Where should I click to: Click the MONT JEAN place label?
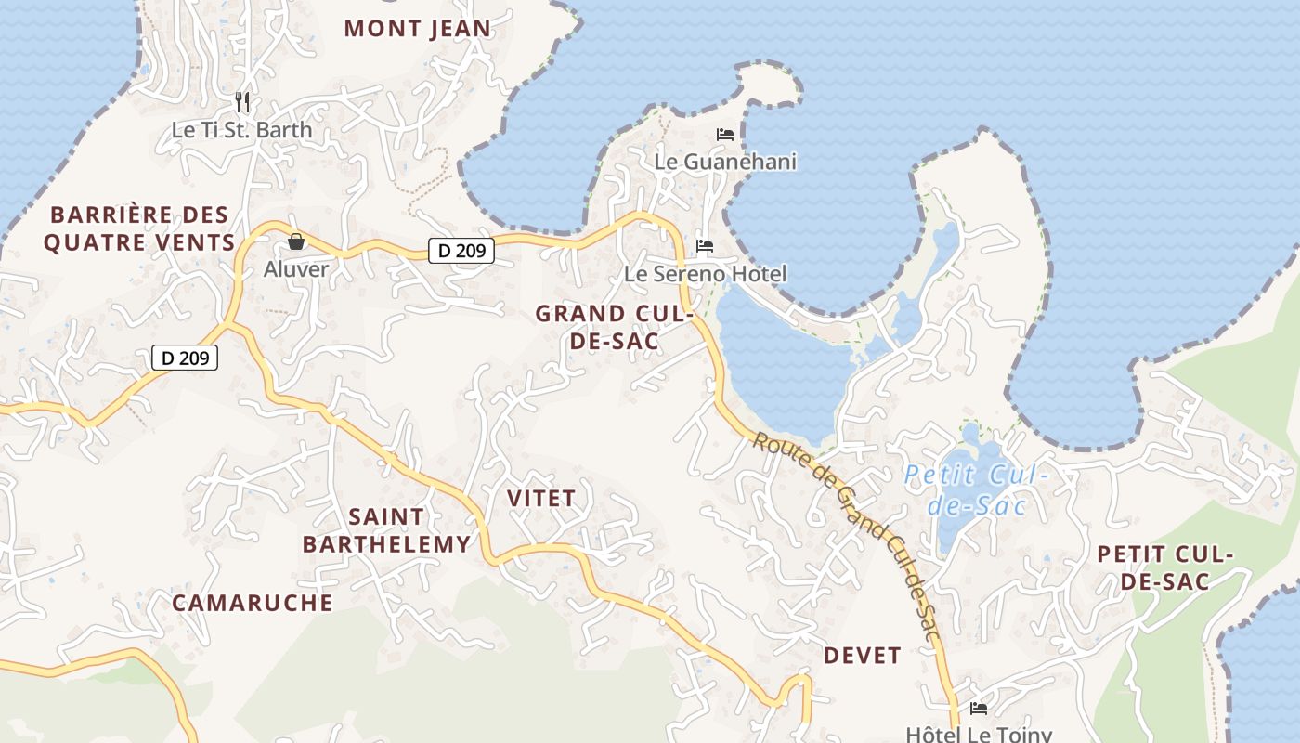click(417, 29)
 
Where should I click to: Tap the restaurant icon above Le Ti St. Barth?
click(242, 101)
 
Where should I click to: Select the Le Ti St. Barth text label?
click(241, 130)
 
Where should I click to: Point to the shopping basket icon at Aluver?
click(296, 241)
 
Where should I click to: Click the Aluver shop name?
click(296, 269)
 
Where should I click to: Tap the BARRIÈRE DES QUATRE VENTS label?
click(139, 229)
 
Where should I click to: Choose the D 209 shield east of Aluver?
click(461, 250)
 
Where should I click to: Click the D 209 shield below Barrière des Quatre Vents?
click(185, 358)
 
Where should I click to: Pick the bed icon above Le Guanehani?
click(725, 135)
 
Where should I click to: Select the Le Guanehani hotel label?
click(725, 162)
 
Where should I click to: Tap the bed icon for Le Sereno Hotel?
click(705, 246)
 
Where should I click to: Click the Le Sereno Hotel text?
click(705, 274)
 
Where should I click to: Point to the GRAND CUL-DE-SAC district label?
click(615, 327)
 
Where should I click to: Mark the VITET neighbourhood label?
click(541, 499)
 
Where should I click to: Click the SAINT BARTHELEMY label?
click(386, 530)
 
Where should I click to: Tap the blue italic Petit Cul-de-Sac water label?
click(977, 490)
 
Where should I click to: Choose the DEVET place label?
click(862, 656)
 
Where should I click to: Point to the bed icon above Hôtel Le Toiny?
click(978, 709)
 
